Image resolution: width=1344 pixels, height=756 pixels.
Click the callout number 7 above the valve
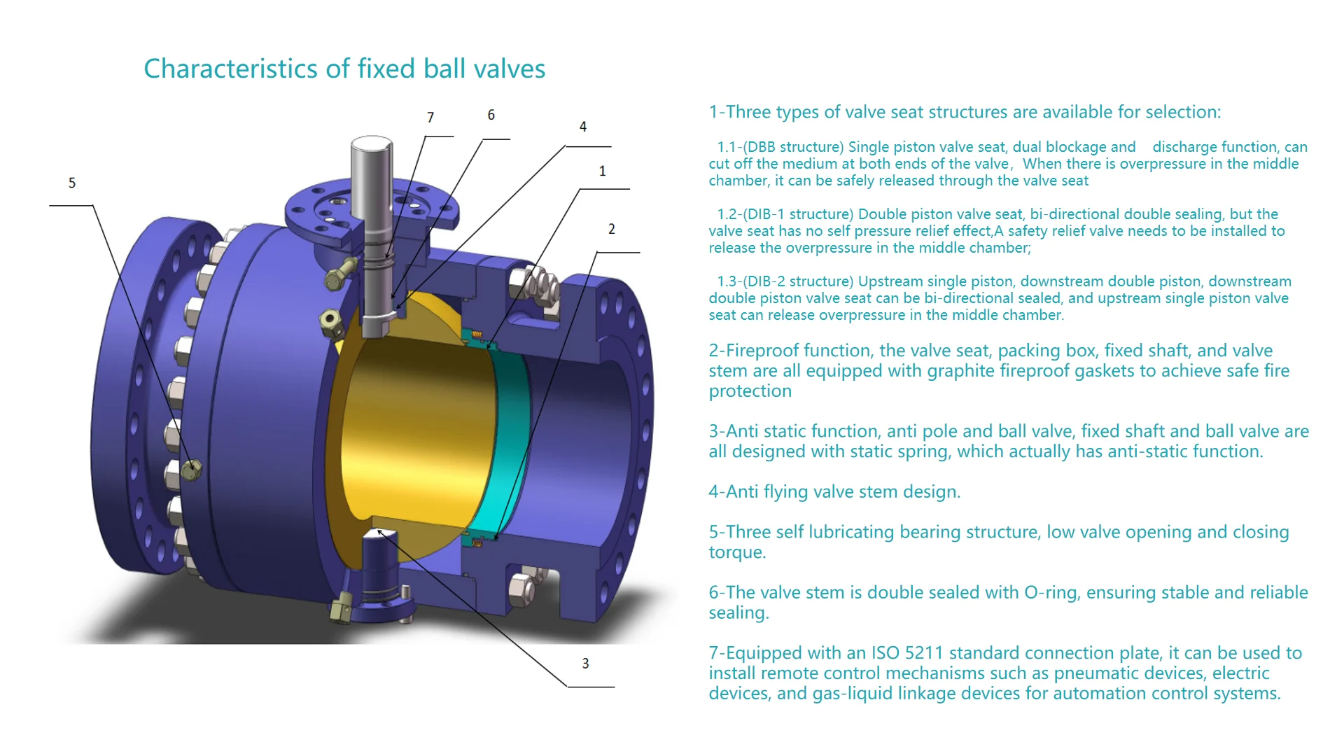tap(430, 118)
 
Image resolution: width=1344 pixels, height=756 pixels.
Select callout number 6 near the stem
tap(491, 115)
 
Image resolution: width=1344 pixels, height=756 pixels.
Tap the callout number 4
tap(583, 127)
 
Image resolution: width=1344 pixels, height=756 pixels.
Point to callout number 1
tap(602, 171)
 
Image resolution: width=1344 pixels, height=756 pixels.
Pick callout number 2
tap(611, 229)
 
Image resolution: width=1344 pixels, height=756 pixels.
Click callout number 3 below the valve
tap(585, 663)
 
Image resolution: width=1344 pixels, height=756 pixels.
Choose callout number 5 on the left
tap(72, 183)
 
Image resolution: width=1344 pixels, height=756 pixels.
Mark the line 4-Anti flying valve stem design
tap(834, 492)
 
